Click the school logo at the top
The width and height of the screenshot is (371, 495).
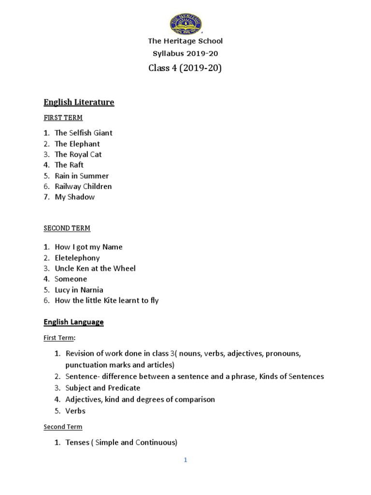click(185, 24)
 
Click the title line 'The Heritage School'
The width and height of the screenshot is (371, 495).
click(185, 42)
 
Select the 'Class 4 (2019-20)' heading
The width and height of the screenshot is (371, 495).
click(185, 68)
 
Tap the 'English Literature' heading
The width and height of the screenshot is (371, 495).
click(79, 102)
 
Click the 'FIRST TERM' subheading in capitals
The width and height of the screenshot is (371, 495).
click(63, 117)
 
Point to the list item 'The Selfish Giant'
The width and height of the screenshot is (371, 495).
click(84, 132)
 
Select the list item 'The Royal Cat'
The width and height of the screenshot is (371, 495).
click(78, 154)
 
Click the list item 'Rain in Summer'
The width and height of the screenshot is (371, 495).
click(82, 175)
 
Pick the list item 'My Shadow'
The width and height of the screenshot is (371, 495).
click(75, 197)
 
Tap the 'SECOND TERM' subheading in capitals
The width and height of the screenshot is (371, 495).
click(67, 228)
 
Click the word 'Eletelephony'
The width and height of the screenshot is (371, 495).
click(77, 258)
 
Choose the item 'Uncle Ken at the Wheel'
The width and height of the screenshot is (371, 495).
click(95, 268)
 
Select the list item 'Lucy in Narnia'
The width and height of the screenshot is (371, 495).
click(79, 290)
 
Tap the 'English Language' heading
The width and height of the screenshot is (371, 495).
click(73, 321)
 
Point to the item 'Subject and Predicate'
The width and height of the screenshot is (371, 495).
click(103, 388)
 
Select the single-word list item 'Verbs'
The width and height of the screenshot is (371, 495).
click(75, 411)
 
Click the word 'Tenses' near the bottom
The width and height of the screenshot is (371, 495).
click(77, 442)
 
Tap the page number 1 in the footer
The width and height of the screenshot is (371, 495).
click(185, 460)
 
